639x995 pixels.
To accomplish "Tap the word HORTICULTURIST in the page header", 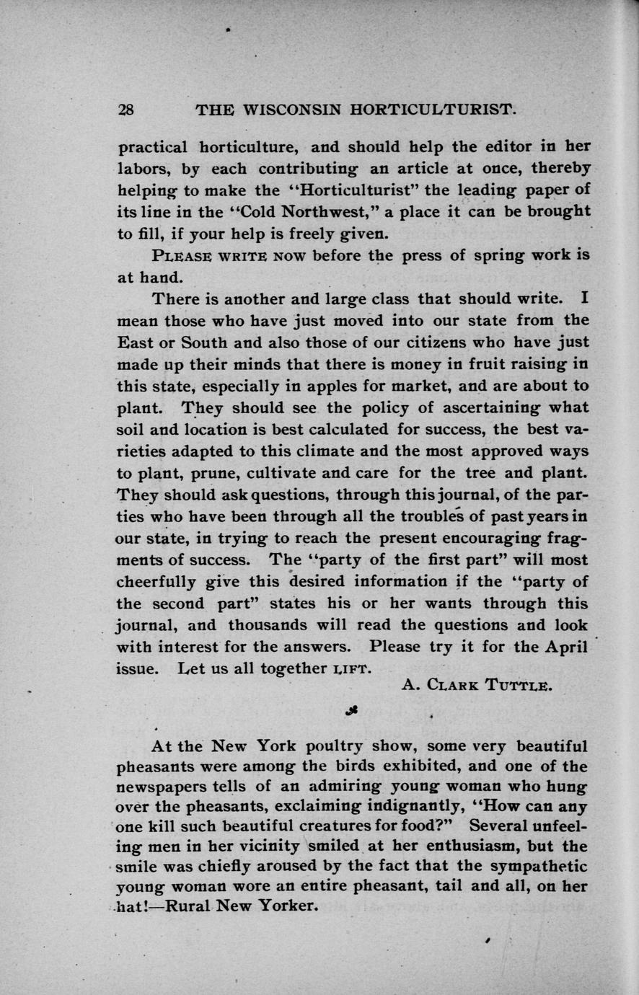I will point(432,110).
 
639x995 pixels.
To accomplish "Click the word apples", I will point(322,385).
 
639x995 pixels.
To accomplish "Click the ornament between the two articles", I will point(351,710).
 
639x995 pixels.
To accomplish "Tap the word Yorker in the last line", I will point(284,905).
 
